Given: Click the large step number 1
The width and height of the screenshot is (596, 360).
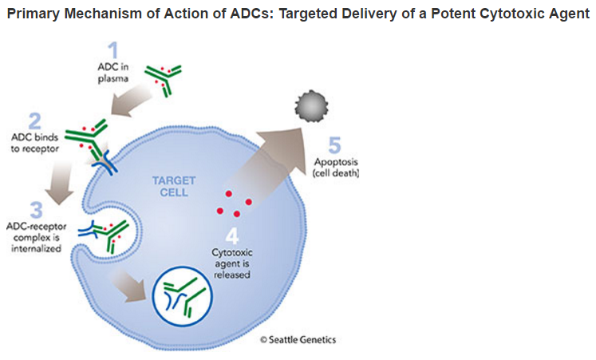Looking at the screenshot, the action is pos(112,50).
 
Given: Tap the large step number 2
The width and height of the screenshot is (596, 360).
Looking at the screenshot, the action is pos(35,121).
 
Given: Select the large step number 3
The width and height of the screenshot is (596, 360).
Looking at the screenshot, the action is pos(36,210).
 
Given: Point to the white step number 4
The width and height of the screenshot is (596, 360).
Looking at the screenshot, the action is pos(232,235).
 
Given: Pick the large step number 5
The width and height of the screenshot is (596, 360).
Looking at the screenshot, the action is pos(334,145).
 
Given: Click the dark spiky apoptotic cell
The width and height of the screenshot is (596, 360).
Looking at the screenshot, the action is pos(311,106).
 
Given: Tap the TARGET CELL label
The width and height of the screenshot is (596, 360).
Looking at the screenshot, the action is pos(174,186).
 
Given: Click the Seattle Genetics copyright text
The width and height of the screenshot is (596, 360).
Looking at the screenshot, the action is pos(298,339).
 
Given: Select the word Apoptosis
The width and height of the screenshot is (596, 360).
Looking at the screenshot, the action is pos(336,162).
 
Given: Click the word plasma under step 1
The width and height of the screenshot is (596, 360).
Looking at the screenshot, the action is pos(112,79).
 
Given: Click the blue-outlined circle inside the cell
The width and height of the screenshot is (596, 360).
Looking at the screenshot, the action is pos(183,297).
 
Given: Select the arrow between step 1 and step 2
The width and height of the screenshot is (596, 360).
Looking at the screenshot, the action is pos(131,100).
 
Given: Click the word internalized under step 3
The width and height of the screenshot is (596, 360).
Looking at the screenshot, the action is pos(36,249).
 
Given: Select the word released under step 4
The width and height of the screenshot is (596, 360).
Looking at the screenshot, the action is pos(232,275).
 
